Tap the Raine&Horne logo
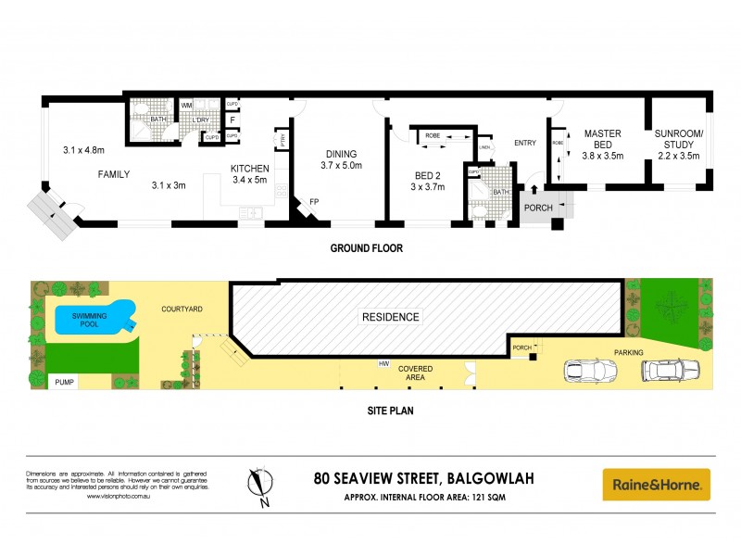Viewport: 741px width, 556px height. [x=656, y=484]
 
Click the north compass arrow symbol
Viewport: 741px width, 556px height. [x=261, y=484]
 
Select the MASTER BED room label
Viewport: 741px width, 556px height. [x=602, y=145]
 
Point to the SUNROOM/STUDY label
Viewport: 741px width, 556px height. [x=679, y=145]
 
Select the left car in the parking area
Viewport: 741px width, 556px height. [x=590, y=371]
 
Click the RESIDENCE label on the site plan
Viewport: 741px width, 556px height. [x=390, y=317]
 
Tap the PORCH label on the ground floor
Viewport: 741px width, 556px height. [x=538, y=208]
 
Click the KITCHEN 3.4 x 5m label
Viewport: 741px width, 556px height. [x=249, y=173]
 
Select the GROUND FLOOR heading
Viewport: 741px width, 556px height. [x=367, y=249]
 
